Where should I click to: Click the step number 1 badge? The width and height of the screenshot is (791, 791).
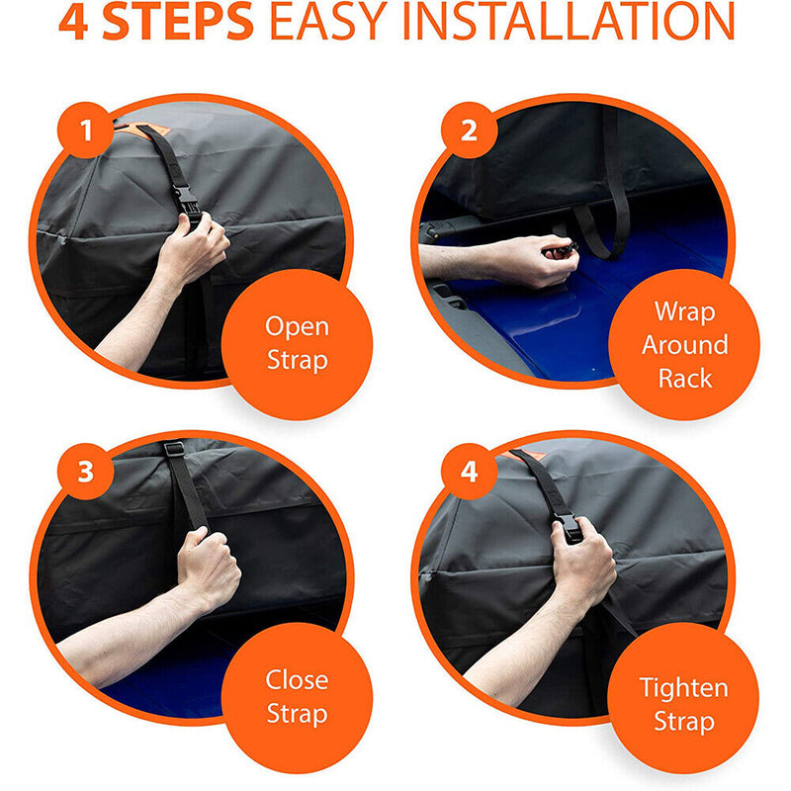pyautogui.click(x=86, y=131)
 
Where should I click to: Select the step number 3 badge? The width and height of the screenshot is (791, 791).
pyautogui.click(x=86, y=471)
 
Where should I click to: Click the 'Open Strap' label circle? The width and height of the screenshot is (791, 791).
pyautogui.click(x=297, y=342)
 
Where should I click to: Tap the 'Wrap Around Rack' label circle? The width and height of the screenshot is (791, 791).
pyautogui.click(x=684, y=344)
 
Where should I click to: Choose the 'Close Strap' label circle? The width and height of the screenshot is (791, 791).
pyautogui.click(x=297, y=695)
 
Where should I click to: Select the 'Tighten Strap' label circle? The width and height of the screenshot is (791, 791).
pyautogui.click(x=684, y=703)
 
